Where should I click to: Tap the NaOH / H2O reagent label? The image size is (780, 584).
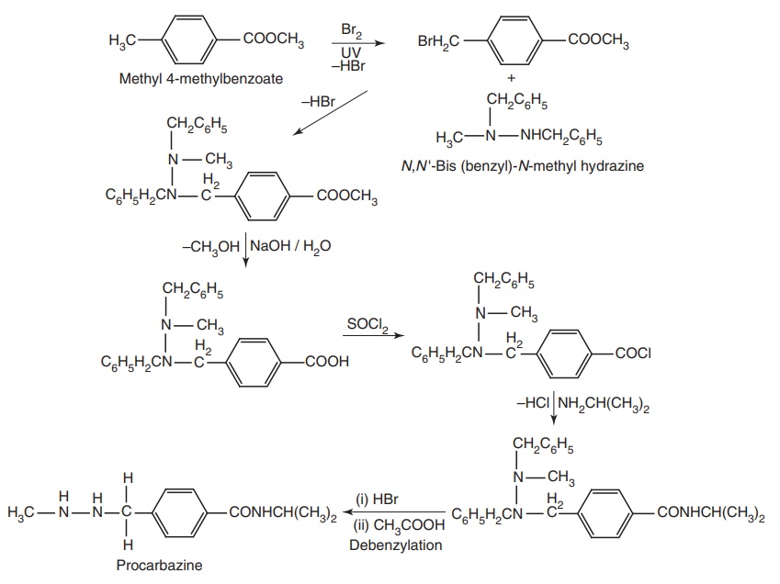288,246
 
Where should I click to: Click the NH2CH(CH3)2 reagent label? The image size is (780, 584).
605,403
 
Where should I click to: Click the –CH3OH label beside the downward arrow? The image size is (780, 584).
211,246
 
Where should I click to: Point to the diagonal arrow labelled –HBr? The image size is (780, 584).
330,115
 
